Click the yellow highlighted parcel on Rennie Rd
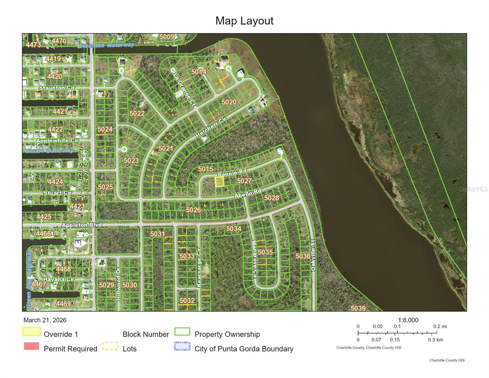[219, 181]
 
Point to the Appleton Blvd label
[82, 225]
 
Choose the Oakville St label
[313, 255]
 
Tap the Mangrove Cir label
[254, 260]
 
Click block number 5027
[244, 181]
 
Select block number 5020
[229, 102]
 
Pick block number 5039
[358, 308]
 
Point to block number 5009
[167, 37]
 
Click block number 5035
[265, 252]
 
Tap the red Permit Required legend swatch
[31, 346]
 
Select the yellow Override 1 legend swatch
[31, 332]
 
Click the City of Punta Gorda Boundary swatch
[182, 346]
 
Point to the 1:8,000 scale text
[408, 320]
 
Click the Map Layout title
[244, 21]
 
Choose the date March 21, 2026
[45, 320]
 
